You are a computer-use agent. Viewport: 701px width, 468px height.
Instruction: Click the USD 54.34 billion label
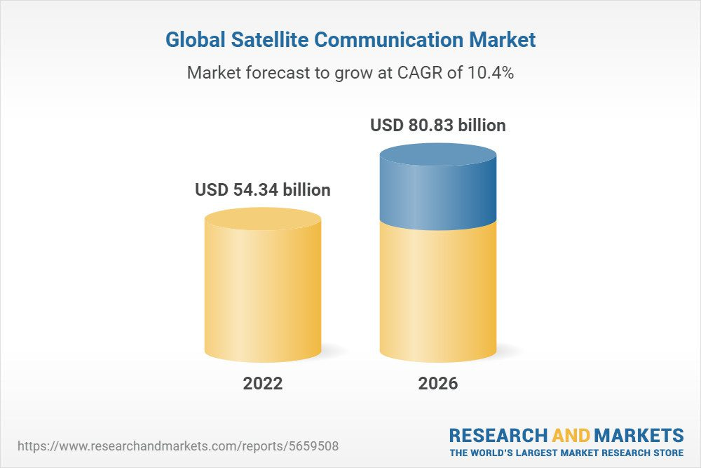click(263, 190)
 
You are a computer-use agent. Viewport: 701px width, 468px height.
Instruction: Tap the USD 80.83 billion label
click(438, 126)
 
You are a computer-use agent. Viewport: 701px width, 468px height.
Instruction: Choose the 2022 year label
click(263, 383)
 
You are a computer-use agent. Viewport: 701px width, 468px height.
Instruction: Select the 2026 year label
click(438, 383)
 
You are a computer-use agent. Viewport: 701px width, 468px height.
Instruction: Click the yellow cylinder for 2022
click(263, 295)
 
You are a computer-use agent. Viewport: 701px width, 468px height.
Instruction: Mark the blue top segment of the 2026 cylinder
click(438, 196)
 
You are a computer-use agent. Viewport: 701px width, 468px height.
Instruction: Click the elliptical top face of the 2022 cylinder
click(263, 219)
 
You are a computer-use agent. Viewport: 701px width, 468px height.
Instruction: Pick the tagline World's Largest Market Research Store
click(566, 453)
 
